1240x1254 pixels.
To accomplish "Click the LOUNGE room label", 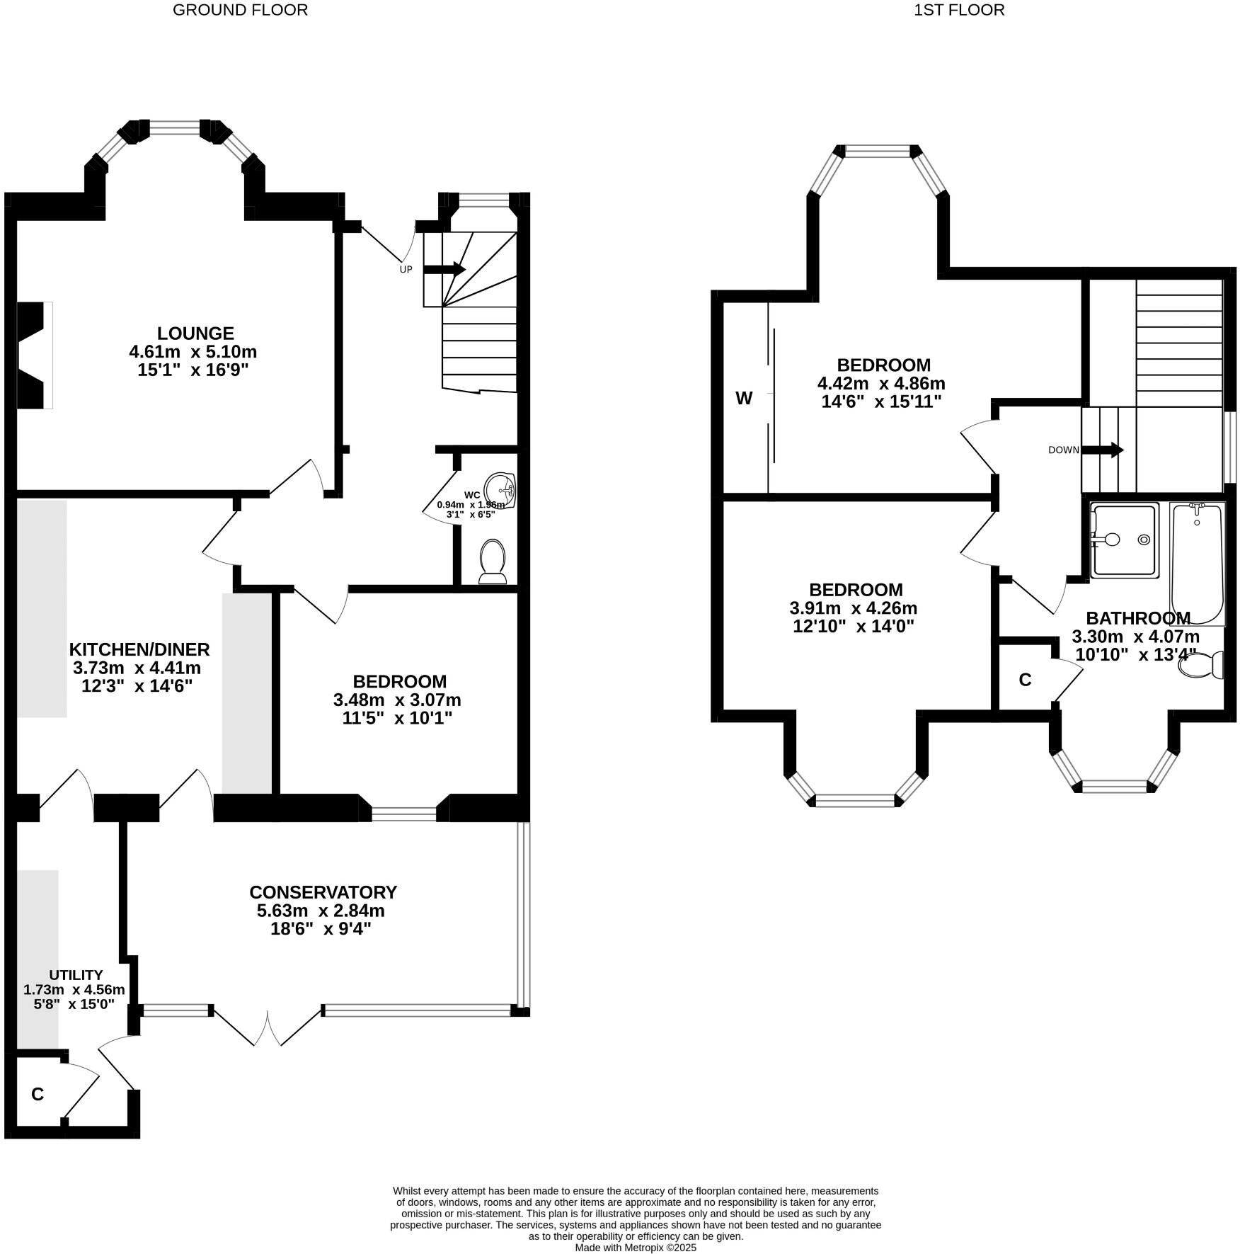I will [195, 333].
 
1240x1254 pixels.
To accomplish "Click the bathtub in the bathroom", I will [1197, 563].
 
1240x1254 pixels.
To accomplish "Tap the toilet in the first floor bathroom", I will [1201, 665].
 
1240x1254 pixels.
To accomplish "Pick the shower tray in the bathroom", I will [1125, 540].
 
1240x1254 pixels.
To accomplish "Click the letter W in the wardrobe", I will [744, 399].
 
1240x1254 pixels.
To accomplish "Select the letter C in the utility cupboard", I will [38, 1094].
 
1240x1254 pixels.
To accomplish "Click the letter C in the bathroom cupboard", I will [1025, 680].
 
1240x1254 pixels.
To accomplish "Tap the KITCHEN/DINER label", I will [139, 649].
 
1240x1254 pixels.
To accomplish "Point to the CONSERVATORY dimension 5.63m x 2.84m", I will [321, 911].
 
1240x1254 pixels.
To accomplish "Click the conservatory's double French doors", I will [268, 1027].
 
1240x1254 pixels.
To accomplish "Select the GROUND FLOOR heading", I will [240, 10].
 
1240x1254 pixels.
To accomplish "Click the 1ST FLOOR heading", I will [959, 10].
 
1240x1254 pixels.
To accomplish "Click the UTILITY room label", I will [76, 975].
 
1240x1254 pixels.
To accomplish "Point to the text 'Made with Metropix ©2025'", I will [635, 1248].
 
